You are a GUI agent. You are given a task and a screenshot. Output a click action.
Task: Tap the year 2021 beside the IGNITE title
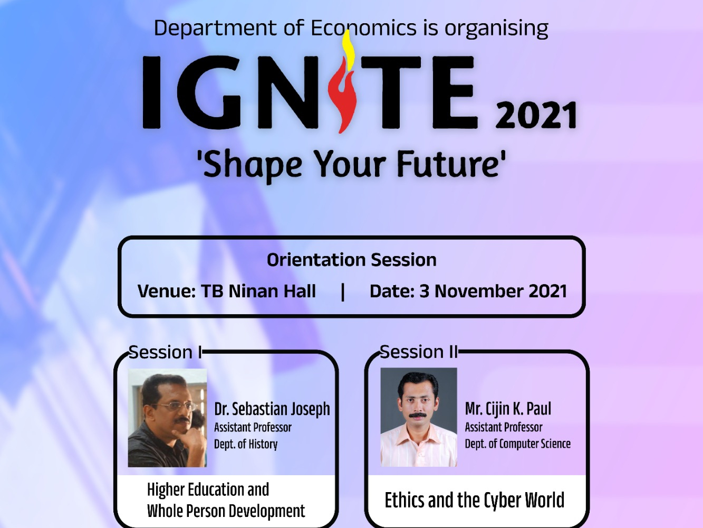pos(537,115)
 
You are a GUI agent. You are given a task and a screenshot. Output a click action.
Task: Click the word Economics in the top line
pos(363,28)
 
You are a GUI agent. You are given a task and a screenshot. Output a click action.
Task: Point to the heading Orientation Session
pos(351,260)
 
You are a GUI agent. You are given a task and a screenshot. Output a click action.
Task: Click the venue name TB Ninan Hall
pos(258,291)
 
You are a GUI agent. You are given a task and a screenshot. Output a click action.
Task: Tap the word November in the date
pos(478,291)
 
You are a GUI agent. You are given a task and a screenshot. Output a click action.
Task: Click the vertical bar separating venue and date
pos(343,291)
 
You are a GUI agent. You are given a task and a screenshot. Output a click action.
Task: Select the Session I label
pos(165,352)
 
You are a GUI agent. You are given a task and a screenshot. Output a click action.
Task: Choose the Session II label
pos(419,352)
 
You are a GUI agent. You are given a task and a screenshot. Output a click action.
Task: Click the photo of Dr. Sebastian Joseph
pos(167,418)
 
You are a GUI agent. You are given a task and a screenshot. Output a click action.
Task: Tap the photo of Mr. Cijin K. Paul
pos(419,417)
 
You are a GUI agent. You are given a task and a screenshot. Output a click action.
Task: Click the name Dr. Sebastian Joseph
pos(272,409)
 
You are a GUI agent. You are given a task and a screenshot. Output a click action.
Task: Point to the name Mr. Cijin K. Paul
pos(508,409)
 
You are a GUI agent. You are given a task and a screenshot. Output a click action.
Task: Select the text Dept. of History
pos(246,444)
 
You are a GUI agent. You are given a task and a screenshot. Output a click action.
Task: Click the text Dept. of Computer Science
pos(517,444)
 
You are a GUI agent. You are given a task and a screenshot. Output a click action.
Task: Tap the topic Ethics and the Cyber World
pos(474,500)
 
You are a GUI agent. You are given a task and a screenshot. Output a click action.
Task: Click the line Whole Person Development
pos(226,511)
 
